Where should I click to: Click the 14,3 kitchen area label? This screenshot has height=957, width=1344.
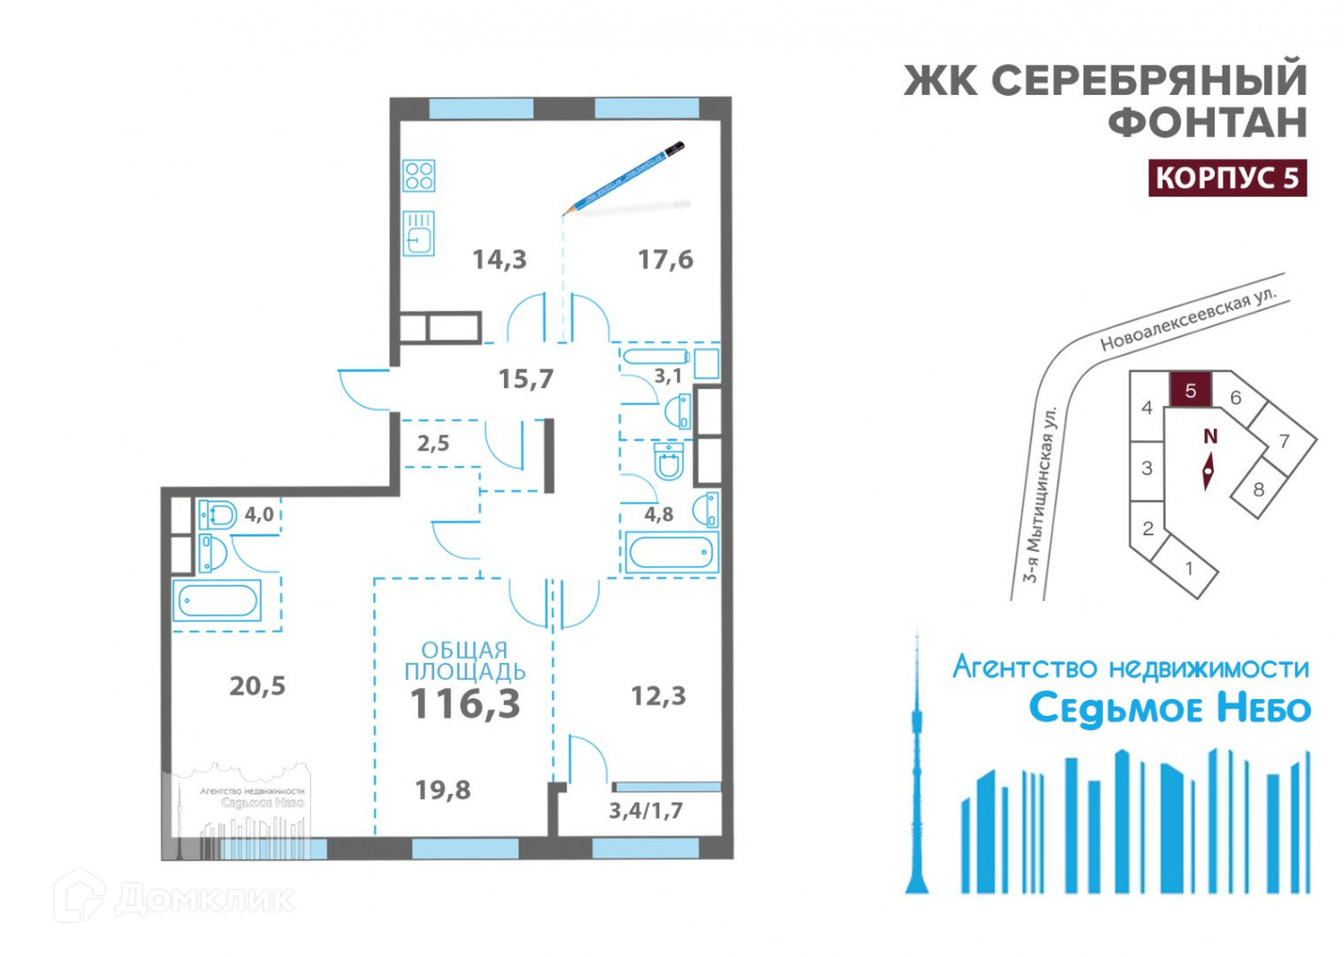click(x=499, y=260)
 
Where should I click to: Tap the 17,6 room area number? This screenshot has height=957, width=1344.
click(x=665, y=260)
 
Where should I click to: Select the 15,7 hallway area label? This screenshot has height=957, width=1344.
click(x=525, y=379)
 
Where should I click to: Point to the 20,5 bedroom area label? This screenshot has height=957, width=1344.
click(x=257, y=686)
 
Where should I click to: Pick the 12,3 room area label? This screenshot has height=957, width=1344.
click(x=657, y=696)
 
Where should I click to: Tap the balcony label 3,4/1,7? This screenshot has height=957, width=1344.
click(x=645, y=810)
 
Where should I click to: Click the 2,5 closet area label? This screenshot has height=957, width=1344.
click(x=433, y=443)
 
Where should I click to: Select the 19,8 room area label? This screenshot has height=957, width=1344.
click(x=443, y=790)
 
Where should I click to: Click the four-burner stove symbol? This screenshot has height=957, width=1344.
click(x=419, y=175)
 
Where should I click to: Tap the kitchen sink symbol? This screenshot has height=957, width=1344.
click(x=419, y=234)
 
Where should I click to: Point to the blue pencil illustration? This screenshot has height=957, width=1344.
click(x=624, y=177)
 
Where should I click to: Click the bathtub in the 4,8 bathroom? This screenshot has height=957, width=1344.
click(x=671, y=553)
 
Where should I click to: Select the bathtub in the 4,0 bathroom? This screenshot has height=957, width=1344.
click(x=218, y=602)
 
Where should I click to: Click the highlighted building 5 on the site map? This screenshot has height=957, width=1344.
click(x=1190, y=390)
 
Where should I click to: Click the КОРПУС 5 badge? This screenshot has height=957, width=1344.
click(x=1227, y=178)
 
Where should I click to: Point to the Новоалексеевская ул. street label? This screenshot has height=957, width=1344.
click(x=1187, y=320)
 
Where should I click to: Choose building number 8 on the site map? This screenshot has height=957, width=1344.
click(x=1258, y=489)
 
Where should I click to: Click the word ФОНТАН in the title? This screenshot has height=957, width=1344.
click(x=1208, y=122)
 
